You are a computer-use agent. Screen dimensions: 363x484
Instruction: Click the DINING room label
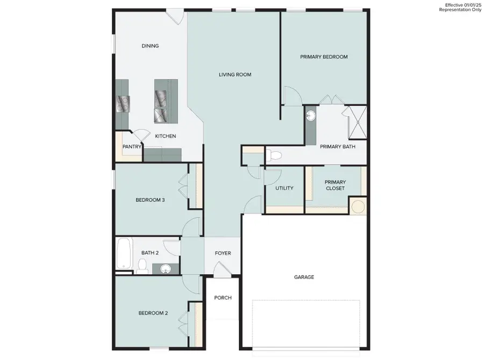point(150,46)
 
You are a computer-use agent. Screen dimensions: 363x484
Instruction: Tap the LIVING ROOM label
point(235,75)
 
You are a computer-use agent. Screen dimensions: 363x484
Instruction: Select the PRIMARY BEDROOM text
point(324,57)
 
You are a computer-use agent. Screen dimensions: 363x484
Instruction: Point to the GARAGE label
point(304,277)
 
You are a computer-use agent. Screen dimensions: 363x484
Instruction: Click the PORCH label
point(223,298)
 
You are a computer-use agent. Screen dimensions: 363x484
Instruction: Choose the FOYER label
point(223,253)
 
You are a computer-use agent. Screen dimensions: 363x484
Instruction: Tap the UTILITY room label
point(284,188)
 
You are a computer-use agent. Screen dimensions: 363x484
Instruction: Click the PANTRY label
point(132,146)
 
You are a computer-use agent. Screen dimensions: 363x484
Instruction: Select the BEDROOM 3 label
point(150,200)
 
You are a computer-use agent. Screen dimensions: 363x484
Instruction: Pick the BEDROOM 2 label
point(153,313)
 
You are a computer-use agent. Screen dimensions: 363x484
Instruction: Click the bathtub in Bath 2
point(124,253)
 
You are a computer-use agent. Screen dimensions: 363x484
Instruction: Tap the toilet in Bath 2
point(143,265)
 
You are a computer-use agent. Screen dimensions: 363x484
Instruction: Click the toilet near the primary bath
point(274,156)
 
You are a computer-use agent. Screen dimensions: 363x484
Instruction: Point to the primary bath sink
point(311,116)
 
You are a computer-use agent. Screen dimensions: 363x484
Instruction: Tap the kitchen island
point(166,101)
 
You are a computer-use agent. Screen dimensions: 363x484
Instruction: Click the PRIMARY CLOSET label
point(335,185)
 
